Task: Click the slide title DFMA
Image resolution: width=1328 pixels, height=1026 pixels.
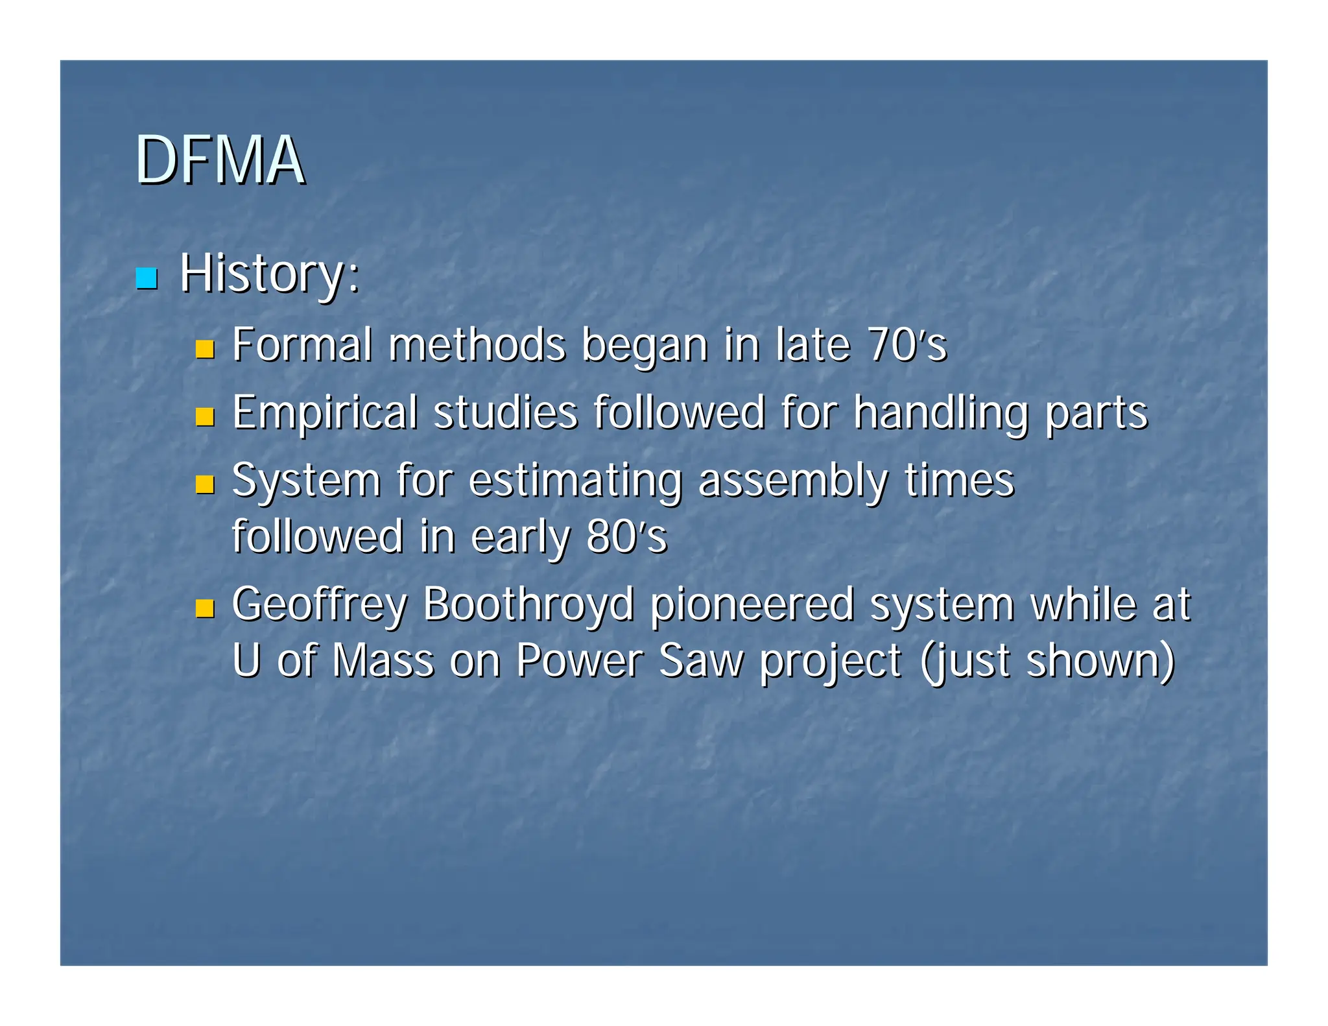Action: (219, 160)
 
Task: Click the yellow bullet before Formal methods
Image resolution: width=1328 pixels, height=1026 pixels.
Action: (205, 350)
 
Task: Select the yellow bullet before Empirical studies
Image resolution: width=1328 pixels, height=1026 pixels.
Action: (205, 417)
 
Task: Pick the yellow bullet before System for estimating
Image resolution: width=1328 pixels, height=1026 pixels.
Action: (205, 484)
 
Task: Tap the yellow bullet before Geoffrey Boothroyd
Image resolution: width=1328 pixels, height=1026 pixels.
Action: (205, 608)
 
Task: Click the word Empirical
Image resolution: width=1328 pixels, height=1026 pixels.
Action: (325, 413)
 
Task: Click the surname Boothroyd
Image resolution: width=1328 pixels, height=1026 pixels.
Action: (528, 604)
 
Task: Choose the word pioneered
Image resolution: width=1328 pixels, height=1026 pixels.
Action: (752, 604)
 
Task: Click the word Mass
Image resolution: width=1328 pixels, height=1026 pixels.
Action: (383, 661)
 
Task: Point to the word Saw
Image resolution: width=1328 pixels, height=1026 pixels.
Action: (701, 661)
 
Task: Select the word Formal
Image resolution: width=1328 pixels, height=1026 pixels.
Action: (302, 345)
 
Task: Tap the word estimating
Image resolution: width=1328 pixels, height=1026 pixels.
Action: (575, 481)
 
